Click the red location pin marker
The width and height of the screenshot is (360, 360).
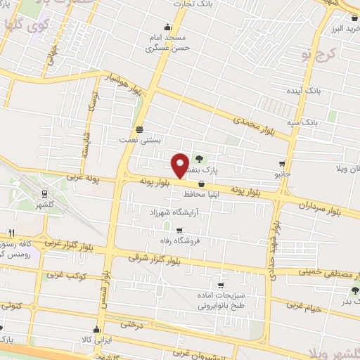coord(180,165)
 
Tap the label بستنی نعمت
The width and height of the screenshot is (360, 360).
coord(141,141)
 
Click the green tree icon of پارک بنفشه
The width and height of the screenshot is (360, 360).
coord(199,159)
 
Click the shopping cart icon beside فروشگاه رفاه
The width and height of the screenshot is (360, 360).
coord(179,230)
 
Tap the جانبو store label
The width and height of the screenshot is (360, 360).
coord(282,172)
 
